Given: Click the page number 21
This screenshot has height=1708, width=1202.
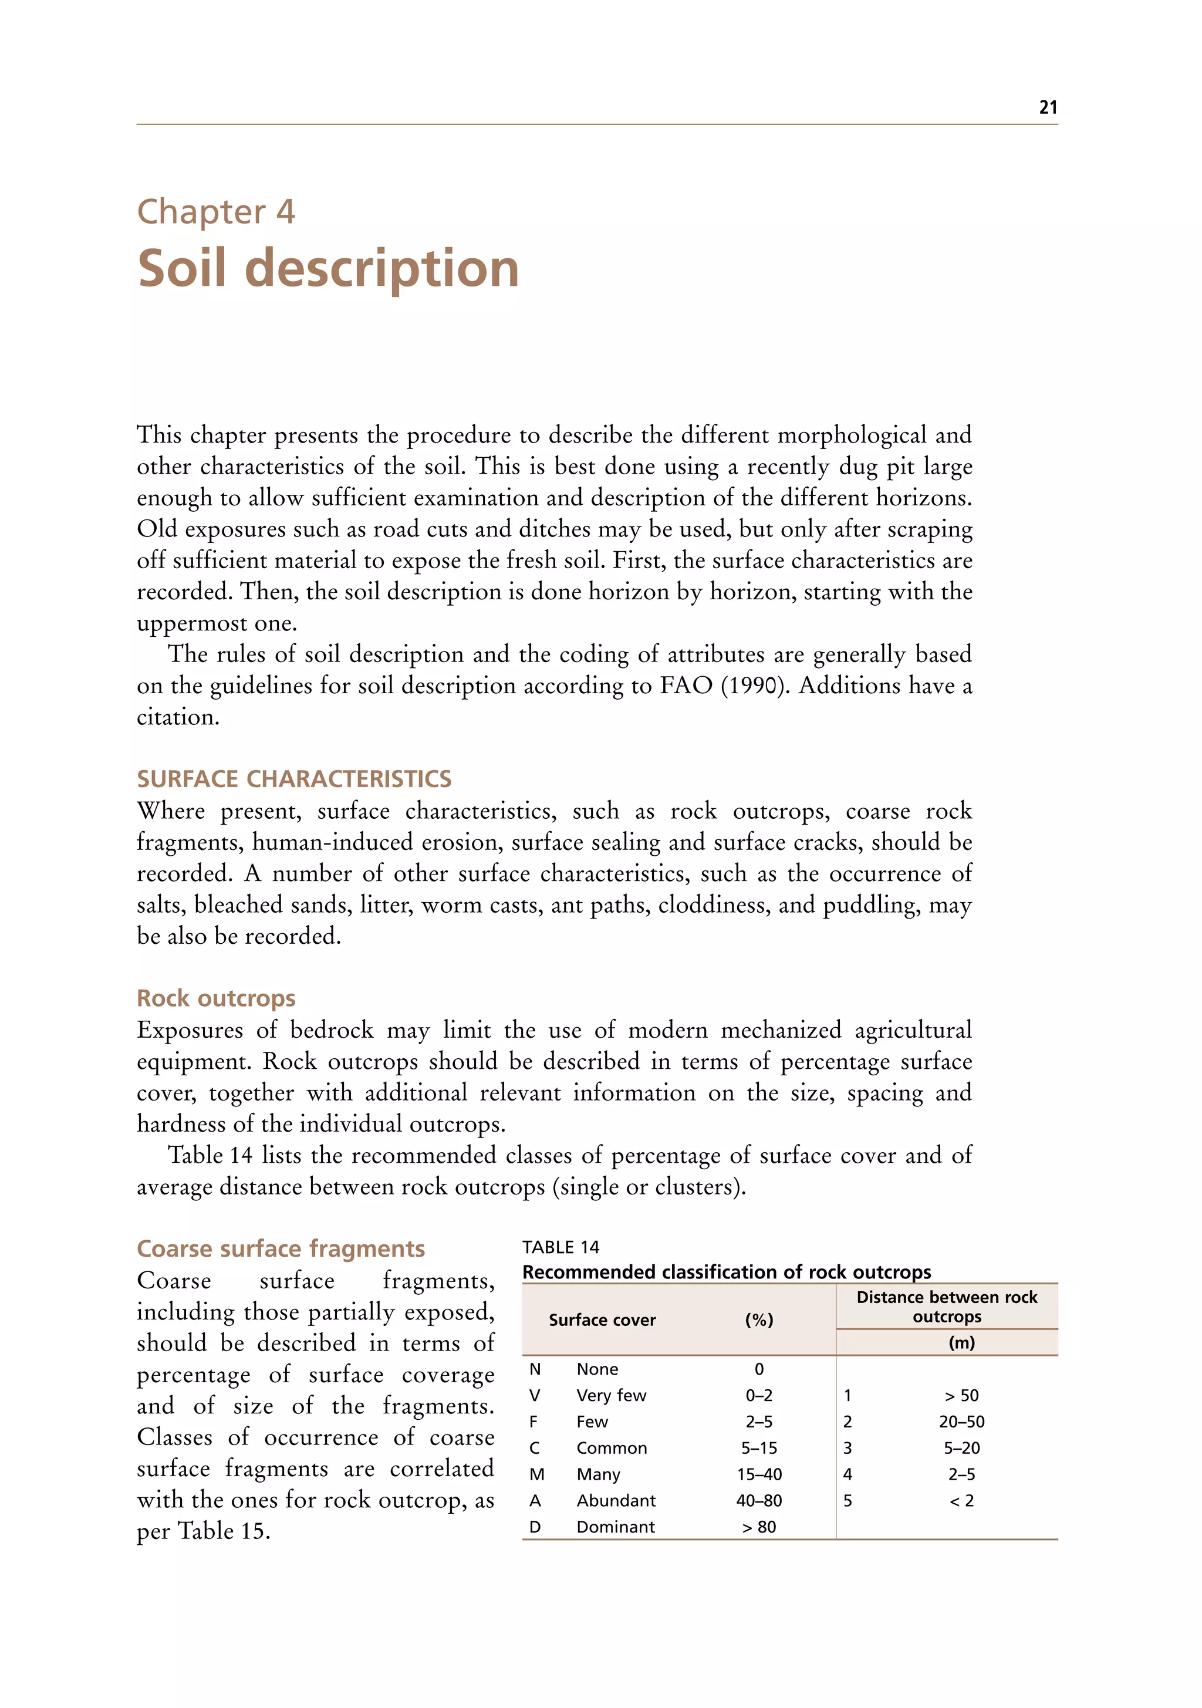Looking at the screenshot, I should [1047, 107].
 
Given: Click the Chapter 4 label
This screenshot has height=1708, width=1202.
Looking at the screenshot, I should [216, 212].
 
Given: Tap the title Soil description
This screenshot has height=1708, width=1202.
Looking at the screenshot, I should [328, 269].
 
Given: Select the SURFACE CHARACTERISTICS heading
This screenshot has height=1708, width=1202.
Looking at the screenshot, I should [294, 779].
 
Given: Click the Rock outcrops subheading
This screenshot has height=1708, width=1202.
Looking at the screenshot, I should [216, 998].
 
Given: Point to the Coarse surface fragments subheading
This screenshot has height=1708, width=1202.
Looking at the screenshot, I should [281, 1248].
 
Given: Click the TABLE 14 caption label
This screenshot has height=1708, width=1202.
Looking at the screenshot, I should [560, 1247].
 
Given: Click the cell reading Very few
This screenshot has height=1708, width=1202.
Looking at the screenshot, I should [610, 1396].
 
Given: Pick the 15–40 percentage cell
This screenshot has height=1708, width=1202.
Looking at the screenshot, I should [759, 1474].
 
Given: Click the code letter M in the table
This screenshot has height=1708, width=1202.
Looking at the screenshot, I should [536, 1474].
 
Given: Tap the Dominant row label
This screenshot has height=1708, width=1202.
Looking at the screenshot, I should [615, 1527].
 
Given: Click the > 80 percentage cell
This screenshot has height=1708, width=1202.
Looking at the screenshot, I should [759, 1527].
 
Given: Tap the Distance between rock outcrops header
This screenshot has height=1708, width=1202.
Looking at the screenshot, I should [946, 1307].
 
